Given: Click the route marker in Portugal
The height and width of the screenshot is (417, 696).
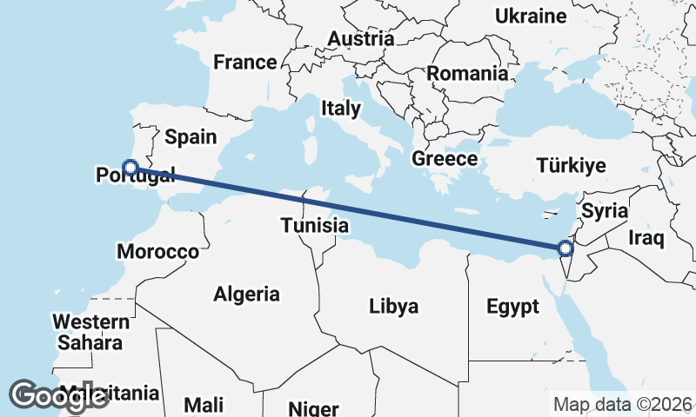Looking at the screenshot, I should pyautogui.click(x=130, y=168).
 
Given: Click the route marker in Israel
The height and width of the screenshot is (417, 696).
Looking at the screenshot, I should pyautogui.click(x=565, y=249).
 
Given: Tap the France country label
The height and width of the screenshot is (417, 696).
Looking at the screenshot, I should pyautogui.click(x=245, y=63).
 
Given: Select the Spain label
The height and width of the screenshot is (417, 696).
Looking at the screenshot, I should pyautogui.click(x=190, y=136).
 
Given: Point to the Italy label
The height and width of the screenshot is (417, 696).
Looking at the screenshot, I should pyautogui.click(x=340, y=109).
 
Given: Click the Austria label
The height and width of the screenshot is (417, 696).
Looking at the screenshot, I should pyautogui.click(x=361, y=39).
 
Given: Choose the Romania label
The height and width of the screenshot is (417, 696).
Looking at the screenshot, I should pyautogui.click(x=467, y=74).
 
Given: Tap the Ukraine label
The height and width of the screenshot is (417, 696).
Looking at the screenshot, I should pyautogui.click(x=531, y=16).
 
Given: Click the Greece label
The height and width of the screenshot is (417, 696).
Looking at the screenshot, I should pyautogui.click(x=445, y=159).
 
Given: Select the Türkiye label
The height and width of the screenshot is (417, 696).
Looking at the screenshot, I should pyautogui.click(x=571, y=165).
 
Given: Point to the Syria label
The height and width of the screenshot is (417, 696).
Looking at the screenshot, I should pyautogui.click(x=605, y=210).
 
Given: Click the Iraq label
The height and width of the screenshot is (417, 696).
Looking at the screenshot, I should pyautogui.click(x=646, y=237).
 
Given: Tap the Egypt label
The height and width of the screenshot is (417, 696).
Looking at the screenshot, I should pyautogui.click(x=512, y=307).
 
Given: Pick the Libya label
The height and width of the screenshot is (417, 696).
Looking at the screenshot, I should pyautogui.click(x=394, y=306).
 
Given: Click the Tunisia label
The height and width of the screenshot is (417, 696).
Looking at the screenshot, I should pyautogui.click(x=314, y=226).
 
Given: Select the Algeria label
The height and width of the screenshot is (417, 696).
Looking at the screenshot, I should pyautogui.click(x=247, y=294).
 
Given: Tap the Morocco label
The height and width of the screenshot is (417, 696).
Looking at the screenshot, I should pyautogui.click(x=157, y=252).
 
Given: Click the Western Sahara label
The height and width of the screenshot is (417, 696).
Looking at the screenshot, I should pyautogui.click(x=90, y=332).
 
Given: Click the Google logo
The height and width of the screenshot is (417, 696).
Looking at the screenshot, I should pyautogui.click(x=58, y=395).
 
